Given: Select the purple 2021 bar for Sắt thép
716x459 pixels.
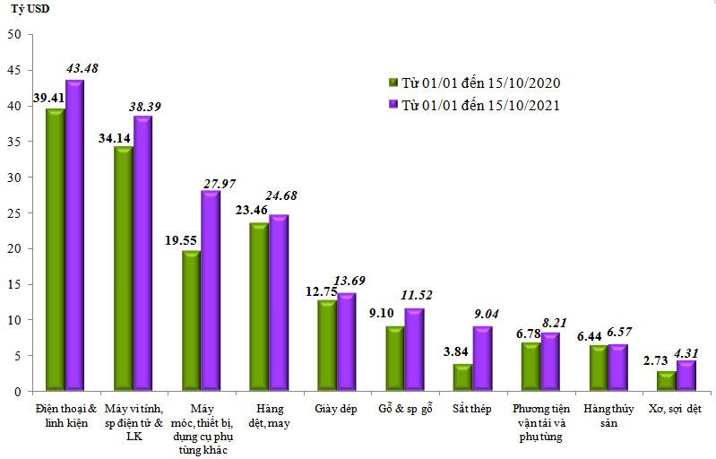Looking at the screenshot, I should click(x=482, y=359).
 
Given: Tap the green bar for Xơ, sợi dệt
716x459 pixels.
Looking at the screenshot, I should click(x=666, y=381).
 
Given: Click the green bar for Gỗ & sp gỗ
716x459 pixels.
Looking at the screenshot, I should click(x=394, y=359).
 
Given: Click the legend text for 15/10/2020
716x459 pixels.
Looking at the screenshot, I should click(x=480, y=82).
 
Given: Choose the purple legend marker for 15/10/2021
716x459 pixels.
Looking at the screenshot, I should click(x=393, y=105).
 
